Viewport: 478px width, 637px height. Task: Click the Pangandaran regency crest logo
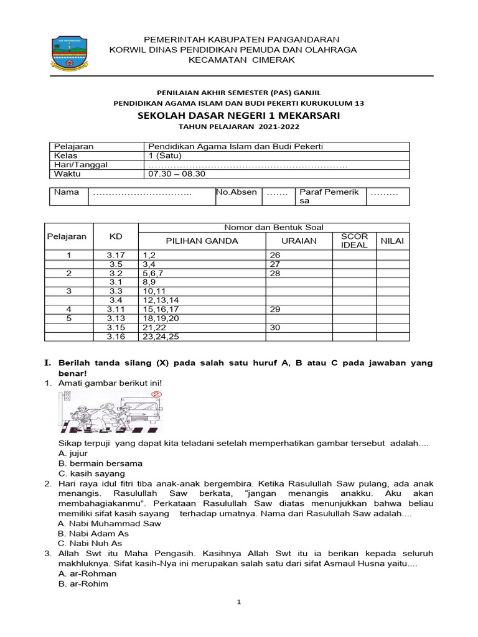tap(70, 54)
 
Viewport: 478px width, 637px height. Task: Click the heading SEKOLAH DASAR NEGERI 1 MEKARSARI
tap(238, 116)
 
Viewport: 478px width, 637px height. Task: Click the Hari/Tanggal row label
tap(81, 165)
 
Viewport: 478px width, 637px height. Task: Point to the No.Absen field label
tap(237, 192)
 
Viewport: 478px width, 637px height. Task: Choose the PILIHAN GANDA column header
tap(202, 241)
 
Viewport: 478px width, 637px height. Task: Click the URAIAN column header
tap(299, 241)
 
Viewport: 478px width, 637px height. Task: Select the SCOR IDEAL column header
tap(354, 241)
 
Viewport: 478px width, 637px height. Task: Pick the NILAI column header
tap(392, 241)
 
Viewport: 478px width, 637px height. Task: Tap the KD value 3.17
tap(116, 255)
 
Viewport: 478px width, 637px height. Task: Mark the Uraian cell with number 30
tap(274, 327)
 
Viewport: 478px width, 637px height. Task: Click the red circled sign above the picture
tap(157, 394)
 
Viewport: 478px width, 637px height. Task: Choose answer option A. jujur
tap(73, 453)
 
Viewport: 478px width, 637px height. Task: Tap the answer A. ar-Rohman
tap(87, 573)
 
